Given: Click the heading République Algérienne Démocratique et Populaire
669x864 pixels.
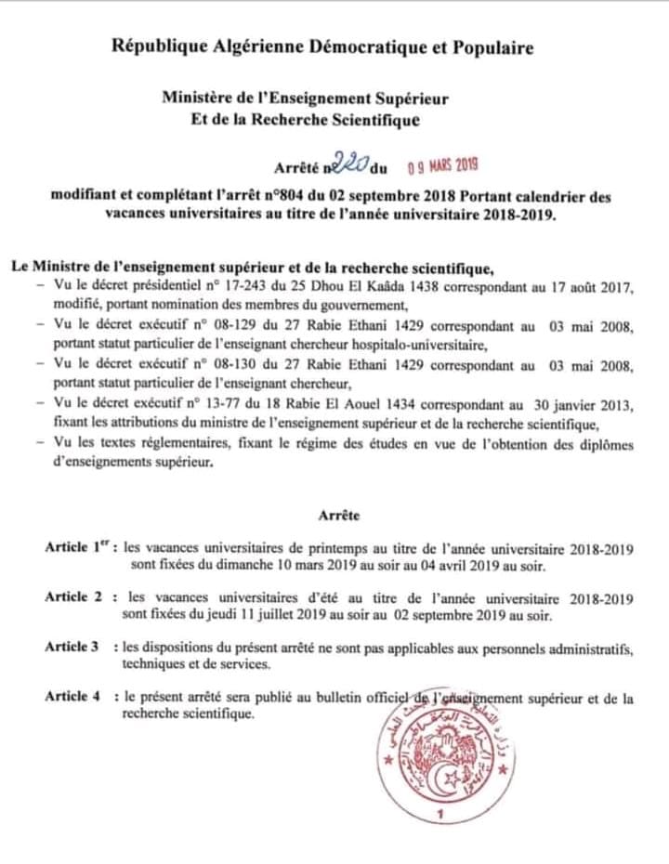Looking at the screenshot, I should pos(322,48).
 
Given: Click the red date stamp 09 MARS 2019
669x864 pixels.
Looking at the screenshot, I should pos(443,166).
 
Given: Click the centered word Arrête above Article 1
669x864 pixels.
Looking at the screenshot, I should pos(338,514).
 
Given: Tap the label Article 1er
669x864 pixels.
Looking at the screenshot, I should pos(78,548).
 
